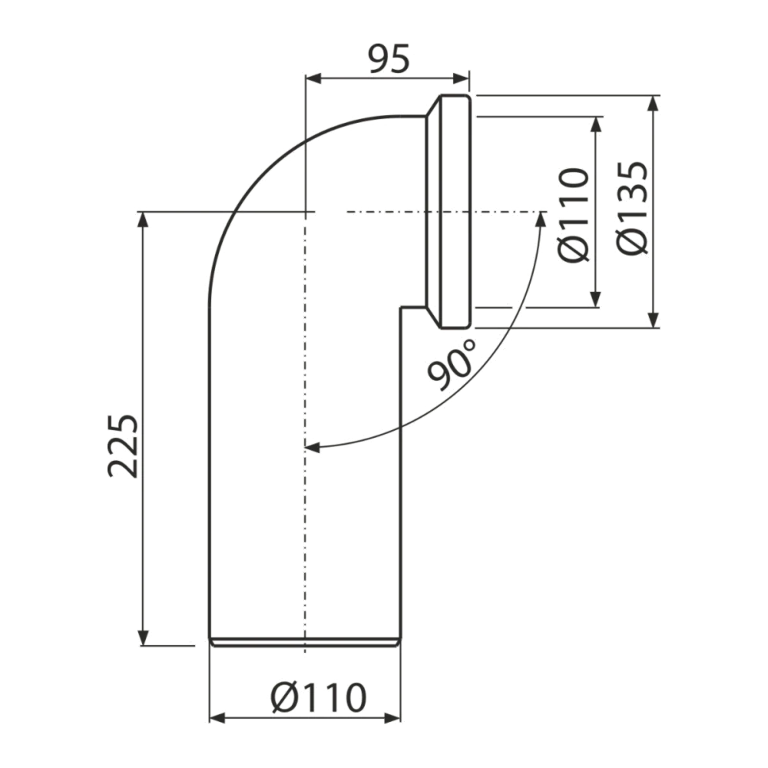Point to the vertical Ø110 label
(x=574, y=217)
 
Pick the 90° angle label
(x=452, y=365)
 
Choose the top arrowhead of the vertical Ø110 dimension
(x=596, y=125)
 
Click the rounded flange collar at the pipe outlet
(x=450, y=212)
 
